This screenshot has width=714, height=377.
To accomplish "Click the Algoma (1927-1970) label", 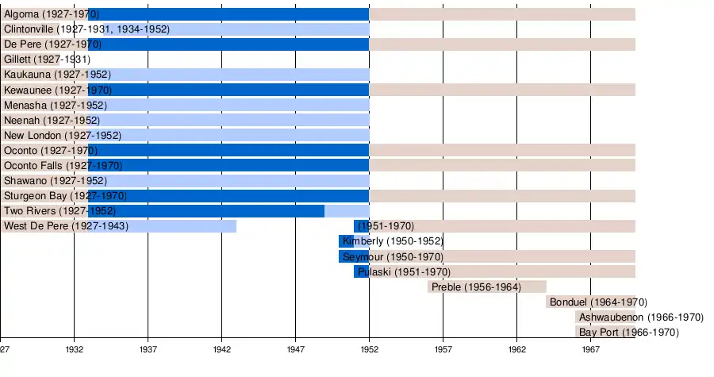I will [x=52, y=14].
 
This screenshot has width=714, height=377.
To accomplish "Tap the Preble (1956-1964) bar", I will [x=487, y=287].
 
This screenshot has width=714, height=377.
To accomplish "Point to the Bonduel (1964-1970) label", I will [x=598, y=302].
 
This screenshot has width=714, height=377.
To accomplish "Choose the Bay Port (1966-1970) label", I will [x=628, y=333].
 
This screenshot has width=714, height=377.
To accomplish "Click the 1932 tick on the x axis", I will [x=75, y=349].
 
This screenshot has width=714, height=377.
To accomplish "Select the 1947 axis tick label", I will [x=296, y=349].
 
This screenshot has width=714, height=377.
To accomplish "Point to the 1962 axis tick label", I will [x=517, y=349].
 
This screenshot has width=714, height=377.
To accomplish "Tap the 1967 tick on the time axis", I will [x=591, y=349].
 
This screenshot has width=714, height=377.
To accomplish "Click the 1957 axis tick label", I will [x=443, y=349].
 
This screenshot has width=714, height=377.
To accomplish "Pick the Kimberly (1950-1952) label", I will [x=393, y=241].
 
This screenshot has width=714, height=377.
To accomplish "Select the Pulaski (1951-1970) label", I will [x=397, y=271].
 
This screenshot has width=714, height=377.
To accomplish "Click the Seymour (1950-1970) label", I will [x=393, y=256].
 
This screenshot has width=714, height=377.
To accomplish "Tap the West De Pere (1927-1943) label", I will [x=66, y=226].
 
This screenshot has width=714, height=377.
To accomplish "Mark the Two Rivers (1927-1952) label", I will [x=60, y=211].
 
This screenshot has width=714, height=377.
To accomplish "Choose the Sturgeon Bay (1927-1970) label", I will [x=65, y=196].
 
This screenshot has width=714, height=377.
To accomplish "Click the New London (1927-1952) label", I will [x=63, y=136].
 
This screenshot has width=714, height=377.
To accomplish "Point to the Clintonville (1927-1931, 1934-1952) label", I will [x=86, y=29].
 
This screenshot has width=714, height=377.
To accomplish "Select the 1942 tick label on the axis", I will [x=222, y=349].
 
